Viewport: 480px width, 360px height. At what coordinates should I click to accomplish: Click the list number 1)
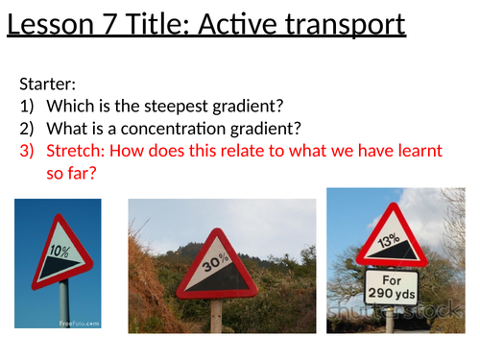(x=27, y=108)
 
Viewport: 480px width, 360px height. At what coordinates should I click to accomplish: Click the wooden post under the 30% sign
(x=218, y=315)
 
